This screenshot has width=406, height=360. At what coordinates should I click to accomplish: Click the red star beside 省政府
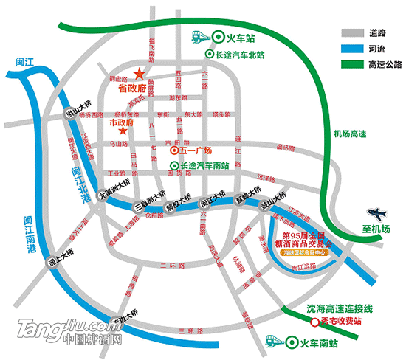[x=138, y=74]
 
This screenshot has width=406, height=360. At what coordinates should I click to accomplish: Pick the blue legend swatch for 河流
[x=351, y=49]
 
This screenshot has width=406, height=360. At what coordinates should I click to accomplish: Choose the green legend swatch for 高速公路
[x=351, y=64]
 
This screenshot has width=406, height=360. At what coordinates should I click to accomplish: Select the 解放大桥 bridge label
[x=178, y=201]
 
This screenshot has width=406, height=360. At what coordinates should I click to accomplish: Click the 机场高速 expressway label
[x=350, y=134]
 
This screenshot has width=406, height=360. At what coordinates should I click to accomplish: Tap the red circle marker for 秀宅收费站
[x=315, y=322]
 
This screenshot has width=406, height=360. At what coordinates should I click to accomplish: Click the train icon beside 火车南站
[x=274, y=342]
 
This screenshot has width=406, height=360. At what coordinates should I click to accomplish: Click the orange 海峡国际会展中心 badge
[x=308, y=252]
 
